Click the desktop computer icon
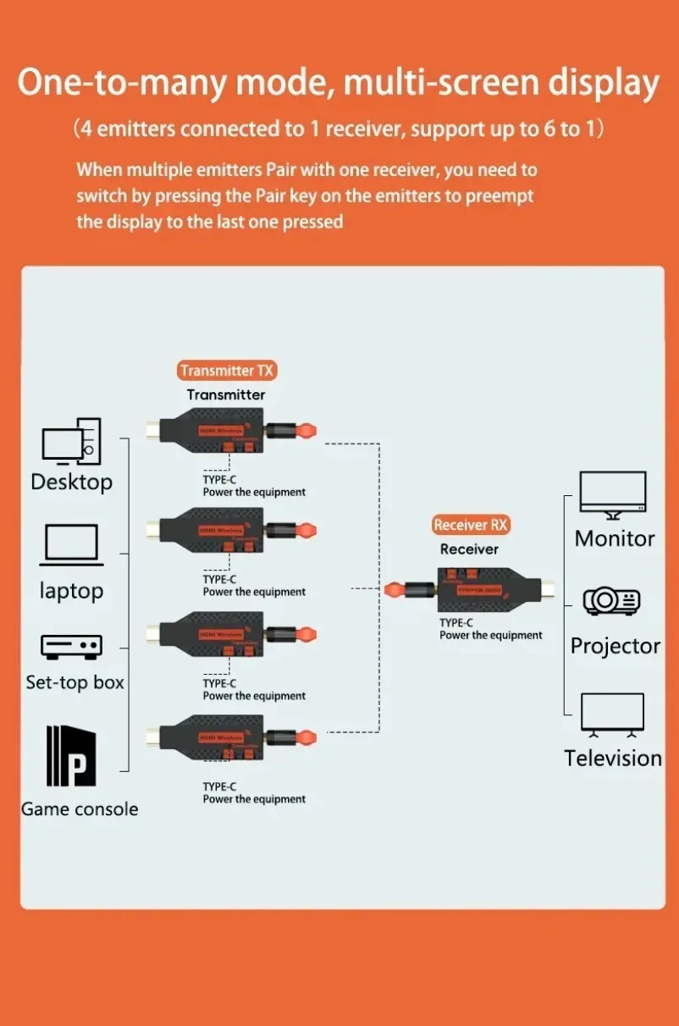coord(71,441)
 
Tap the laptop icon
coord(72,545)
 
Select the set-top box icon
coord(72,647)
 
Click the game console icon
coord(71,755)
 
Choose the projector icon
coord(612,601)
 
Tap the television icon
coord(612,713)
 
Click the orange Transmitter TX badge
coord(228,371)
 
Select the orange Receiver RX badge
coord(470,525)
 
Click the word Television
coord(613,758)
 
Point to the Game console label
coord(80,809)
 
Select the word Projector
coord(615,646)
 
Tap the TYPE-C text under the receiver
coord(455,623)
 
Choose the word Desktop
coord(71,483)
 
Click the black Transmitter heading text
coord(225,394)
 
